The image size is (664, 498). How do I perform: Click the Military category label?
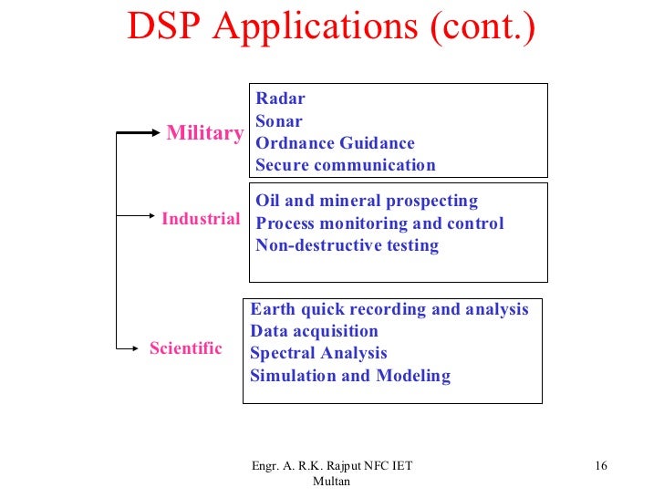[x=204, y=133]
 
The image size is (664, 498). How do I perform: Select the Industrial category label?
[x=201, y=219]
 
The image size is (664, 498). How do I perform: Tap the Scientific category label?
[x=185, y=348]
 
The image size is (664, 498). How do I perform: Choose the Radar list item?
[x=280, y=99]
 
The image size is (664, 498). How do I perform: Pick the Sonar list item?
[x=278, y=120]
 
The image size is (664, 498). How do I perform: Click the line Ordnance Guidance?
[x=335, y=143]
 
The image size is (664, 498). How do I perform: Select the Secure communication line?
[x=345, y=165]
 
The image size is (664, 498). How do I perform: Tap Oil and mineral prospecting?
[x=367, y=201]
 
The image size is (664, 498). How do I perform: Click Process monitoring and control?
[x=379, y=223]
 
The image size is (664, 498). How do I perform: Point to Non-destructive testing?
[x=347, y=245]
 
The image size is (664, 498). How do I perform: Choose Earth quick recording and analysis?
[x=389, y=309]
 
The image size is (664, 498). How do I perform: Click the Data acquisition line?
[x=314, y=331]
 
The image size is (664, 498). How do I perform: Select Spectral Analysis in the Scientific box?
[x=318, y=353]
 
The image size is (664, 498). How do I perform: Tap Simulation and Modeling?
[x=350, y=376]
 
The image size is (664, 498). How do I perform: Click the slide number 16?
[x=600, y=467]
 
